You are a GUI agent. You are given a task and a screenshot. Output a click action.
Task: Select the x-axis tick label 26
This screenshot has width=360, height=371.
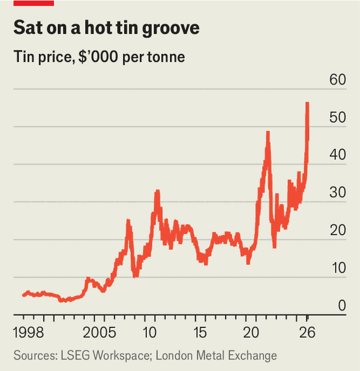[307, 330]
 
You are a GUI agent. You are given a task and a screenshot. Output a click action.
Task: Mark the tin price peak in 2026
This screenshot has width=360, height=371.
[307, 104]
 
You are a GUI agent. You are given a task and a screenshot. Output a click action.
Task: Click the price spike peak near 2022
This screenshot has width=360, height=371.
[268, 133]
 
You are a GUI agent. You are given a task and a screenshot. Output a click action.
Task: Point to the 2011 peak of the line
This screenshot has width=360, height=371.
[157, 191]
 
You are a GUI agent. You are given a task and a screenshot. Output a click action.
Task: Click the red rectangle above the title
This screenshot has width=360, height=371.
[34, 3]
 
